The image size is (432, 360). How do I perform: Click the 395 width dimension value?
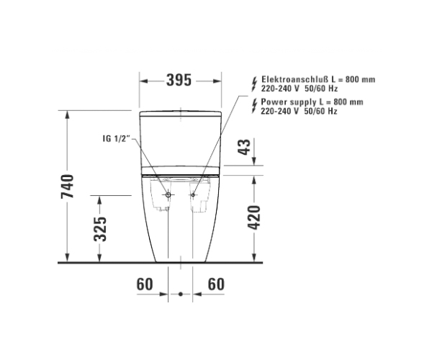point(179,81)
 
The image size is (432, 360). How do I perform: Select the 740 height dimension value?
point(68,186)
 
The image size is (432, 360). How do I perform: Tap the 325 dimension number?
point(100,229)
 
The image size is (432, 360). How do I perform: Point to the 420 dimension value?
point(254,217)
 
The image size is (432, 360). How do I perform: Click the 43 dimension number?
point(244,147)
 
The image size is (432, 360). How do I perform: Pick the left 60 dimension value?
point(145,284)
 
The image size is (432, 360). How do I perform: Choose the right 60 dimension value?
point(216,284)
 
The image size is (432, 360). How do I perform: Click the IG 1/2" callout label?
point(116,138)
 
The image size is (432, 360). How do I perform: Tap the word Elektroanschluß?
point(295,79)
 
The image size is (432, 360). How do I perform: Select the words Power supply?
point(289,102)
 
